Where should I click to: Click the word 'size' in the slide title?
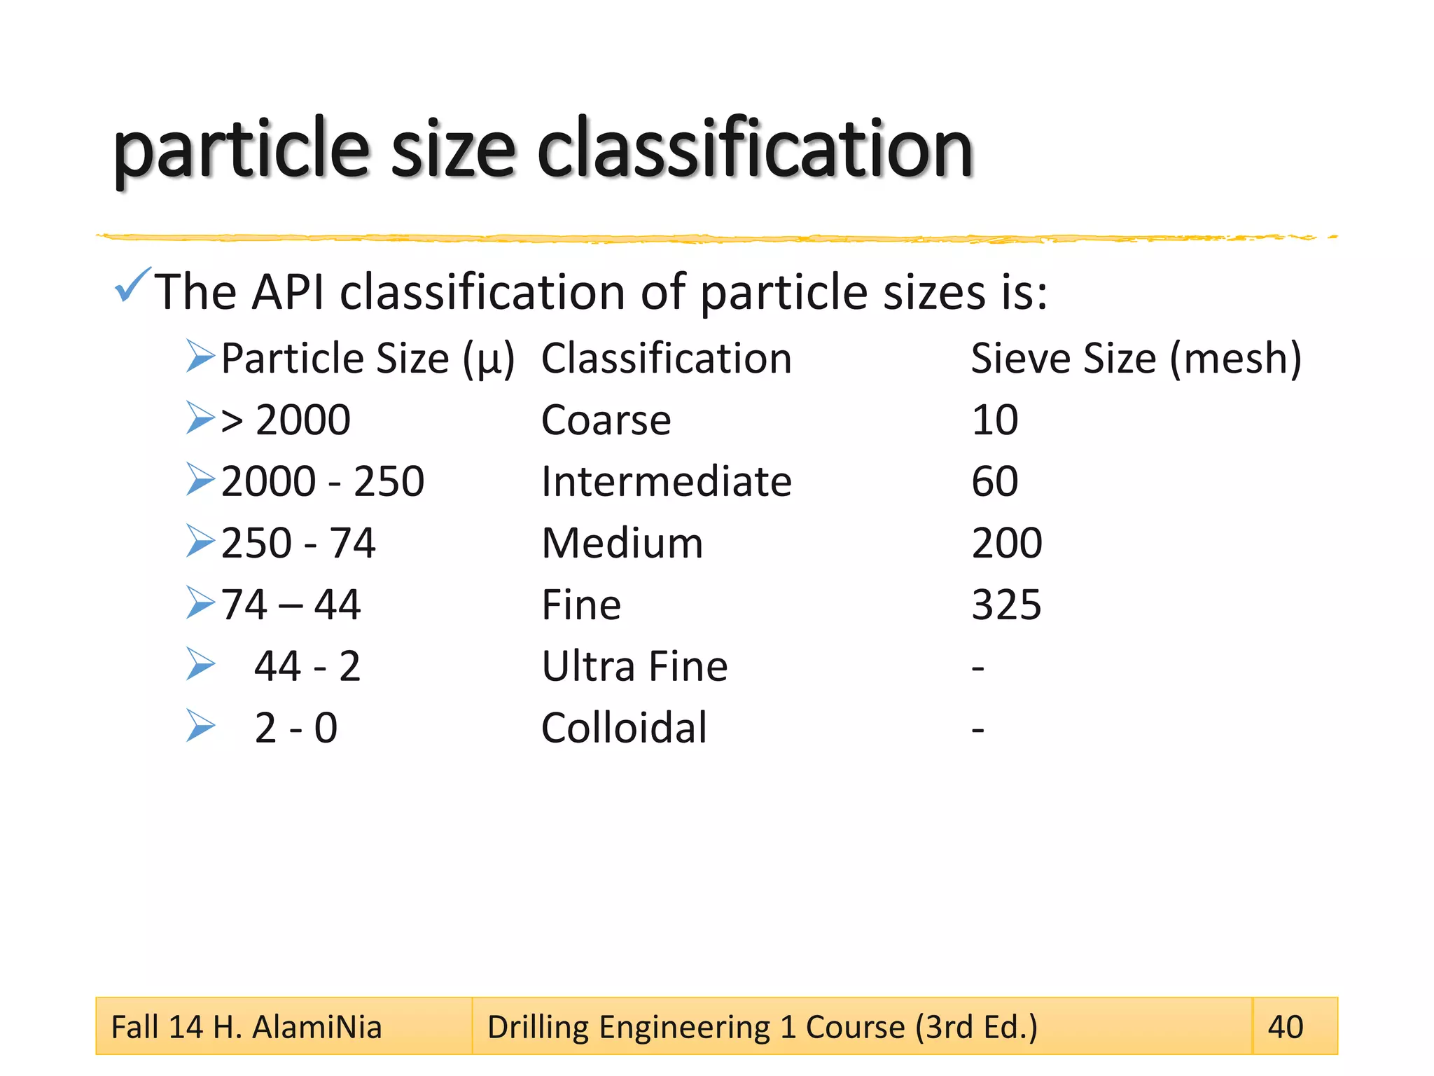(452, 151)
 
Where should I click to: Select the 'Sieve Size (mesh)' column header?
(1136, 359)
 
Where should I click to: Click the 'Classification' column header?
(666, 359)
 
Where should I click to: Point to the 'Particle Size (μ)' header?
(368, 359)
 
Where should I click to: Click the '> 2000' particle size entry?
(286, 420)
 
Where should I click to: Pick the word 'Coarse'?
(606, 420)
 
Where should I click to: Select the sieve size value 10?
(994, 420)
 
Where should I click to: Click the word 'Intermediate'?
(666, 482)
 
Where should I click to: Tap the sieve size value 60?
(994, 482)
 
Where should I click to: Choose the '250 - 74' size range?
(298, 544)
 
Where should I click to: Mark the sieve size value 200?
(1007, 544)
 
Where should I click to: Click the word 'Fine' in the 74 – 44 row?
(581, 605)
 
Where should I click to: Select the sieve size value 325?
(1006, 605)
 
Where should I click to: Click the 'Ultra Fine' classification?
(634, 666)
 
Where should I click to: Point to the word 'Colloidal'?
(624, 728)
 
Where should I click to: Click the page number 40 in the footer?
(1286, 1028)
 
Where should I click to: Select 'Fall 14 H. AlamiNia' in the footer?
(246, 1028)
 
